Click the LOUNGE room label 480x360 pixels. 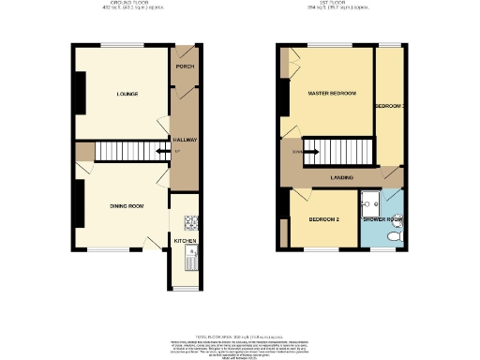pyautogui.click(x=127, y=94)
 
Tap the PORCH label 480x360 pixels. pyautogui.click(x=184, y=67)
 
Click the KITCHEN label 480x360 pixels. pyautogui.click(x=185, y=241)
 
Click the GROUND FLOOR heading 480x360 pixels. pyautogui.click(x=127, y=4)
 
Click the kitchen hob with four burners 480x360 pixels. pyautogui.click(x=191, y=222)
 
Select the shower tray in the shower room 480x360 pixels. pyautogui.click(x=368, y=202)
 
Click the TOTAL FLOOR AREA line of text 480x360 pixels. pyautogui.click(x=239, y=308)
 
